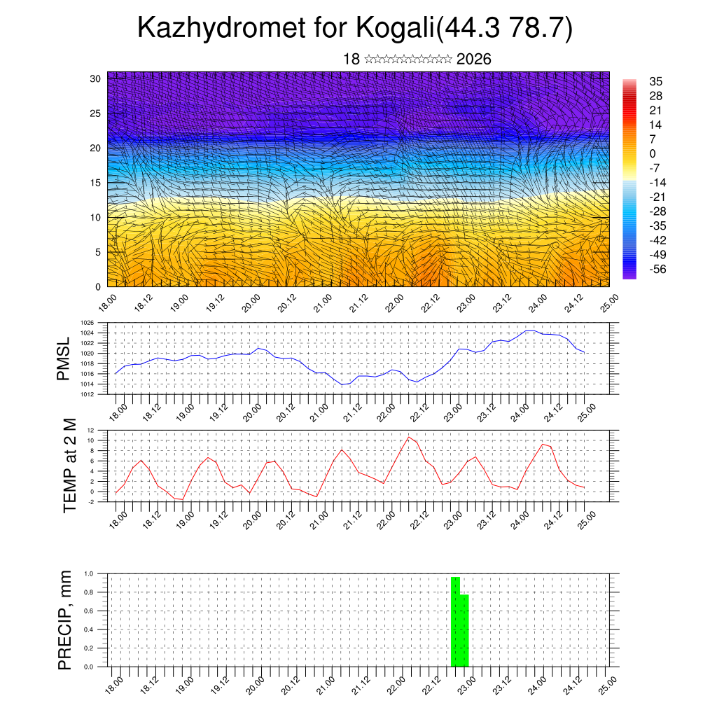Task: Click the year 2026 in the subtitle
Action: tap(473, 60)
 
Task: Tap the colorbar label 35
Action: tap(656, 82)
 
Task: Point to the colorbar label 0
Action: tap(653, 153)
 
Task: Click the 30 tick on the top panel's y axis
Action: tap(96, 78)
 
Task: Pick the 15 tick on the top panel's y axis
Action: tap(96, 183)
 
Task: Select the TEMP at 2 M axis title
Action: tap(69, 465)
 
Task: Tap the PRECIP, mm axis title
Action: tap(65, 620)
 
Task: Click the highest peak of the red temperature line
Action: tap(409, 437)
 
